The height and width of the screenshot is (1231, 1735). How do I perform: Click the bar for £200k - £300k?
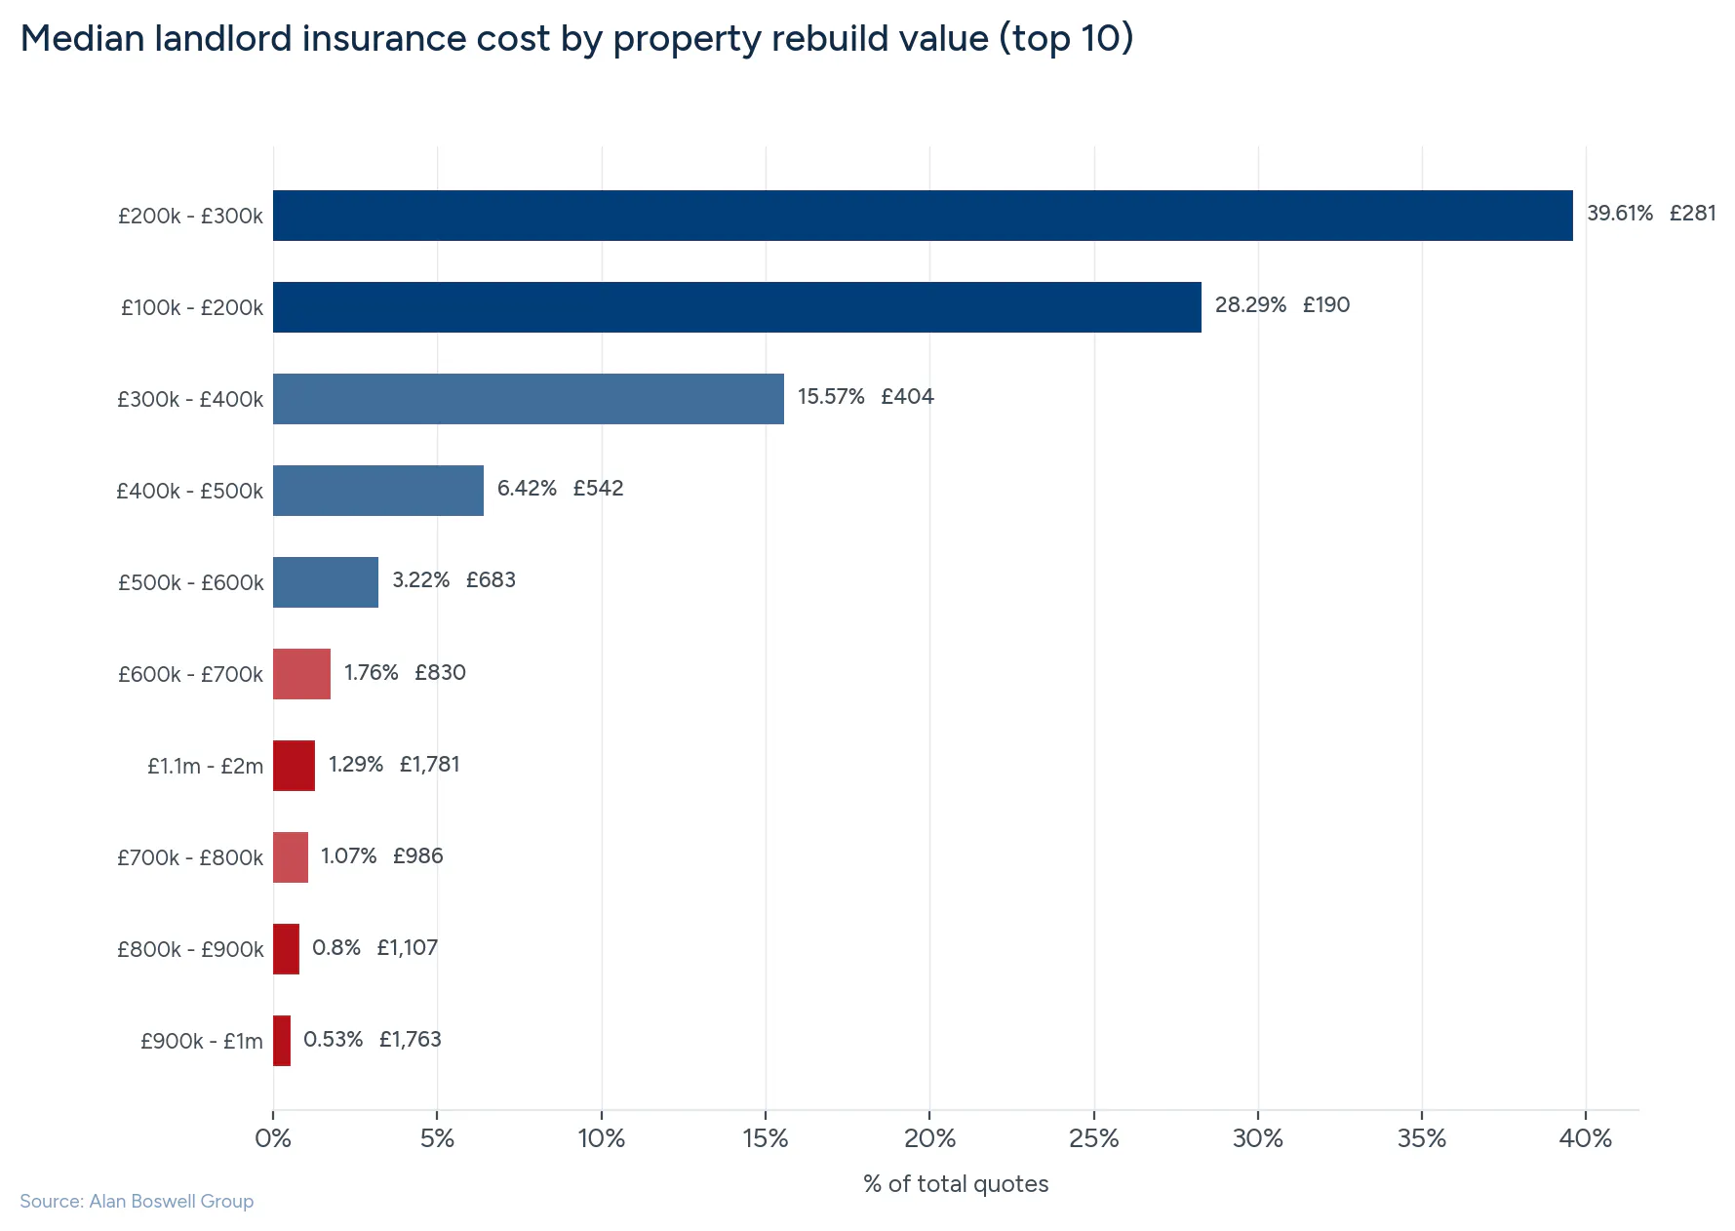[x=922, y=216]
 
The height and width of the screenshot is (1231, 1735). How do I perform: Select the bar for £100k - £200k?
[x=736, y=307]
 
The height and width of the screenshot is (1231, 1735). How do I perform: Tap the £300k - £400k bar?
[x=528, y=399]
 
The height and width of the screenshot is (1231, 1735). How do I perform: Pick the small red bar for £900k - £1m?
[x=282, y=1041]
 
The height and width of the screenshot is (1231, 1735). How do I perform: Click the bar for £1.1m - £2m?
[x=294, y=766]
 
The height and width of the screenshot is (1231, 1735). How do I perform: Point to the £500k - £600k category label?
[x=190, y=583]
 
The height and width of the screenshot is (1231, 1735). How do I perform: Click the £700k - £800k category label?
[x=189, y=858]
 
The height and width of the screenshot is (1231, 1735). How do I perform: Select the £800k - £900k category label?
[x=189, y=950]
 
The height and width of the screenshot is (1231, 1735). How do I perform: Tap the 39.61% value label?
[x=1619, y=214]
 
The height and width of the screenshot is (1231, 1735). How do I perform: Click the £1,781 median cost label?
[x=429, y=765]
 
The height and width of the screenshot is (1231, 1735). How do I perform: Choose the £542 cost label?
[x=598, y=489]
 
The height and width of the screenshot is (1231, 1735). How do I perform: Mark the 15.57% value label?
[x=831, y=397]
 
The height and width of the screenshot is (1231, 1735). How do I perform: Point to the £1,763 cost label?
[x=410, y=1040]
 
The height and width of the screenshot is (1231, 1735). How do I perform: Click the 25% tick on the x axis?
[x=1093, y=1138]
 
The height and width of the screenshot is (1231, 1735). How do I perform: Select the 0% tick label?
[x=273, y=1138]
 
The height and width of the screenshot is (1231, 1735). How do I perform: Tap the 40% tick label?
[x=1585, y=1138]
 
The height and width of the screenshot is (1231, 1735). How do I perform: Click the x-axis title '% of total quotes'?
[x=955, y=1184]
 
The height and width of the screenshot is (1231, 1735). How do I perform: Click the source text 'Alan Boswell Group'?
[x=171, y=1202]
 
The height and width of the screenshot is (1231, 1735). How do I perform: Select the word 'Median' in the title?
[x=82, y=39]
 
